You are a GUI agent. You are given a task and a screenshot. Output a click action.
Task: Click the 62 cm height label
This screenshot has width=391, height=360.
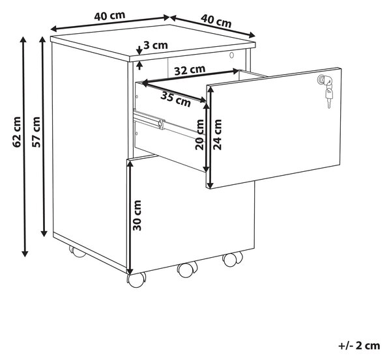click(17, 132)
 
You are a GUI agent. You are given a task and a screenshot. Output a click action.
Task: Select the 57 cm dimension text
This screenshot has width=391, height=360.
click(36, 132)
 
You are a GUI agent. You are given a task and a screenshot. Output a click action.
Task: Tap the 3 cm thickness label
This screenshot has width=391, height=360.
click(156, 46)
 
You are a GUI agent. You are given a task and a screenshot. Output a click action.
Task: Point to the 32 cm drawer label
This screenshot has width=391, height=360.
click(190, 70)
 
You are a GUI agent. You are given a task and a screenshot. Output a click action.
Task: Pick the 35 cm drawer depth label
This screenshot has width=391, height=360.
click(175, 99)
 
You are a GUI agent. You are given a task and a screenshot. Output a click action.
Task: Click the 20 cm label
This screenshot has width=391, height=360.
click(199, 135)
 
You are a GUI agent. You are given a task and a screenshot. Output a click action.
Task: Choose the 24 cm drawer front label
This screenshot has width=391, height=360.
click(218, 135)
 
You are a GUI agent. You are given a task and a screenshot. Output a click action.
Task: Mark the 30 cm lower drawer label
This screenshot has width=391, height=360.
click(137, 215)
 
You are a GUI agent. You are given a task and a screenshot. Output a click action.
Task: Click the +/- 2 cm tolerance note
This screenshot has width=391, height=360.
click(359, 346)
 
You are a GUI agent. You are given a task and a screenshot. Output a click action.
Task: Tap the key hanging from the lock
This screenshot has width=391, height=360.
click(329, 96)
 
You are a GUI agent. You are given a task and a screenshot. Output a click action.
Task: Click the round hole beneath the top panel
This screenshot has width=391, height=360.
click(232, 55)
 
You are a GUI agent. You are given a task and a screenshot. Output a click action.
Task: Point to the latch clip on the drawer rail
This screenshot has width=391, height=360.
click(162, 124)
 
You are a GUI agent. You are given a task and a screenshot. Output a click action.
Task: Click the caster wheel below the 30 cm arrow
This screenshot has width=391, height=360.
click(136, 280)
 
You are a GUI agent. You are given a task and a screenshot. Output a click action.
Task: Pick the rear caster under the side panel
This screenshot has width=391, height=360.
click(77, 252)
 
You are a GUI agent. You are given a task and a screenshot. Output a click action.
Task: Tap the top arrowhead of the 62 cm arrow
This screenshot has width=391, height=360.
click(23, 40)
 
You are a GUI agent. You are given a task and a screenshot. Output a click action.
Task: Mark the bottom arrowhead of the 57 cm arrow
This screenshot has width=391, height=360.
click(44, 232)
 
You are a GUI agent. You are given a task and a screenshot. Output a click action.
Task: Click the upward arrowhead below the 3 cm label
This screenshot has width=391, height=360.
click(139, 65)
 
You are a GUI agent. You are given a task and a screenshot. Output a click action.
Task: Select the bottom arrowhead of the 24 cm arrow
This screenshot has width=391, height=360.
click(210, 185)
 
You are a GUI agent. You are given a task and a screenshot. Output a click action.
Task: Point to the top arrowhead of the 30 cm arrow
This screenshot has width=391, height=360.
click(130, 163)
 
